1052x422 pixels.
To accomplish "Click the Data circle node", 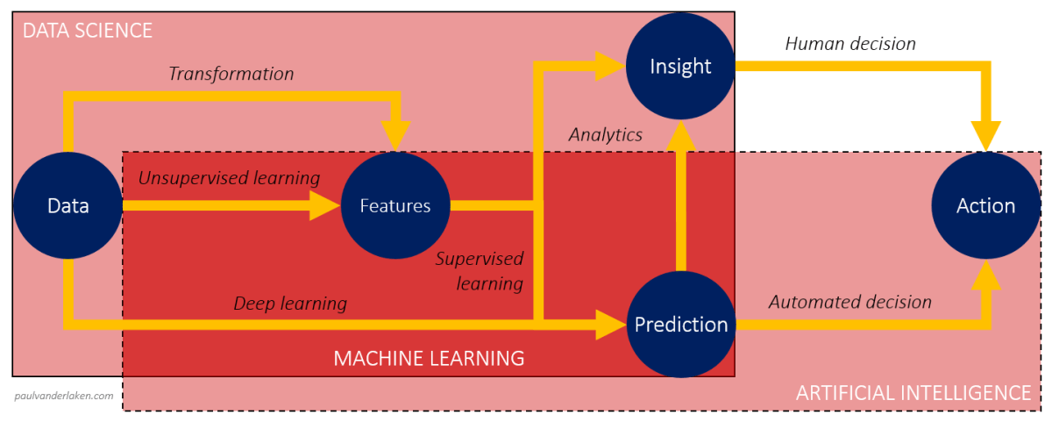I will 68,206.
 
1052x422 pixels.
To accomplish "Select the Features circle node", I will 395,206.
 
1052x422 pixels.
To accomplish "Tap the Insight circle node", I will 680,66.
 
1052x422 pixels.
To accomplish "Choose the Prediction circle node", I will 680,325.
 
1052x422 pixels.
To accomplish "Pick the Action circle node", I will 985,206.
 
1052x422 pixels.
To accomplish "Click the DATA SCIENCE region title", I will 87,31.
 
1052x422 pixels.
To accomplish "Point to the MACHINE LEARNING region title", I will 429,358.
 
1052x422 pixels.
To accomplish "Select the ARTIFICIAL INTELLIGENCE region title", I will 913,392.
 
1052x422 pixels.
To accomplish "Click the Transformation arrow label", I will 231,74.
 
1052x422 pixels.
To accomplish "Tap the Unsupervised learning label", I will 229,178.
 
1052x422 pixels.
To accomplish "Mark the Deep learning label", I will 289,304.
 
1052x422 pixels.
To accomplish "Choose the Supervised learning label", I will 480,271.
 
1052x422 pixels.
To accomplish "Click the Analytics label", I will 605,134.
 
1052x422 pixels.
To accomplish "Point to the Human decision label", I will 849,43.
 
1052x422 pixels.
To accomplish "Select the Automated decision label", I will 849,302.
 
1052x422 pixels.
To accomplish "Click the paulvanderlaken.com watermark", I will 64,396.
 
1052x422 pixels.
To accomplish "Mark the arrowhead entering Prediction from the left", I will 612,325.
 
